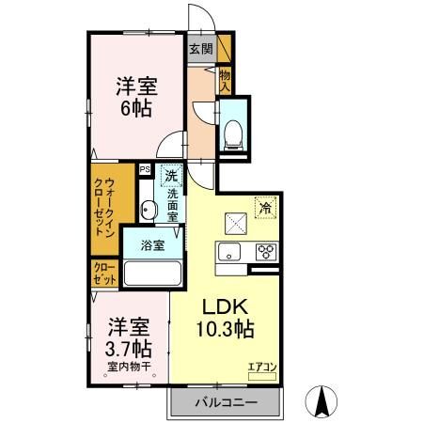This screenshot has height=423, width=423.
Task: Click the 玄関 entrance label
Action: (x=199, y=50)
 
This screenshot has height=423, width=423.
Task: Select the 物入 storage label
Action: (x=226, y=80)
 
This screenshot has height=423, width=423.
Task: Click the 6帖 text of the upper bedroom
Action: (x=135, y=108)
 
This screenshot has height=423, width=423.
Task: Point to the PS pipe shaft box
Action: (x=145, y=170)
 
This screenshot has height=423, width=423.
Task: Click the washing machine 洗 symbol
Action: (x=171, y=175)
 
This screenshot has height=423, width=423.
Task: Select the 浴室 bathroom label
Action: (x=153, y=245)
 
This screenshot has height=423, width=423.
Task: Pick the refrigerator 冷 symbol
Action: (x=265, y=209)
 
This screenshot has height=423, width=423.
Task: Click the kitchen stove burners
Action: (x=265, y=251)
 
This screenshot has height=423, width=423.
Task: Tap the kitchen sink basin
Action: (x=230, y=251)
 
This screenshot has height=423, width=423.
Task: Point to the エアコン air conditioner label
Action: (x=261, y=367)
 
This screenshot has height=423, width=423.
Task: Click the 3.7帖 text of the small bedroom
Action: (x=130, y=349)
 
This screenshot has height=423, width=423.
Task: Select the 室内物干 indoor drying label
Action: (x=130, y=367)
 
